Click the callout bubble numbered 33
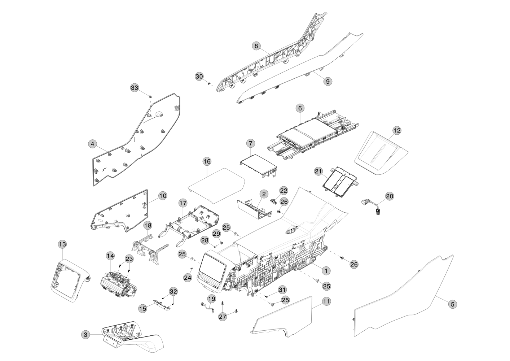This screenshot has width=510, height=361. pyautogui.click(x=135, y=88)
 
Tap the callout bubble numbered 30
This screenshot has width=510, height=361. pyautogui.click(x=199, y=76)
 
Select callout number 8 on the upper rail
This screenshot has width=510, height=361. pyautogui.click(x=256, y=46)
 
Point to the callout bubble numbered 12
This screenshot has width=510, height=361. pyautogui.click(x=397, y=130)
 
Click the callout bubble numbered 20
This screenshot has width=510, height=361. pyautogui.click(x=390, y=196)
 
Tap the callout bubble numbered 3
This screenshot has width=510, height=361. pyautogui.click(x=85, y=335)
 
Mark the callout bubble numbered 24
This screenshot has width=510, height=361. pyautogui.click(x=188, y=278)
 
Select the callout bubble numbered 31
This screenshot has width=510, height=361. pyautogui.click(x=282, y=290)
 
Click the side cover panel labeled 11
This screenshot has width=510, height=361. pyautogui.click(x=285, y=318)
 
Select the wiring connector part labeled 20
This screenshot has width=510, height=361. pyautogui.click(x=371, y=206)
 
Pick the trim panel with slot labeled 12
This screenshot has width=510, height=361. pyautogui.click(x=382, y=153)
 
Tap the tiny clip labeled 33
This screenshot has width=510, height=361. pyautogui.click(x=150, y=96)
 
